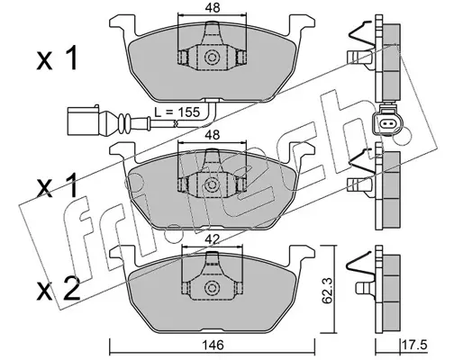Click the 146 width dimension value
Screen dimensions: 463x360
(213, 345)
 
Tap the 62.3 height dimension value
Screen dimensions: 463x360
(327, 291)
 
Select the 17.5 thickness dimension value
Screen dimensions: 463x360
(415, 345)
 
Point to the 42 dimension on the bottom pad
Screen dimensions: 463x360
(213, 239)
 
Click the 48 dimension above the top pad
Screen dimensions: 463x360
(213, 8)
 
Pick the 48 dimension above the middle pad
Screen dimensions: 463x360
(213, 135)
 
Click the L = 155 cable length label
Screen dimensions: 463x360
(177, 112)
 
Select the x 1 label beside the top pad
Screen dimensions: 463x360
(57, 58)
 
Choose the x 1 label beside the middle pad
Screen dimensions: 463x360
(57, 185)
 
